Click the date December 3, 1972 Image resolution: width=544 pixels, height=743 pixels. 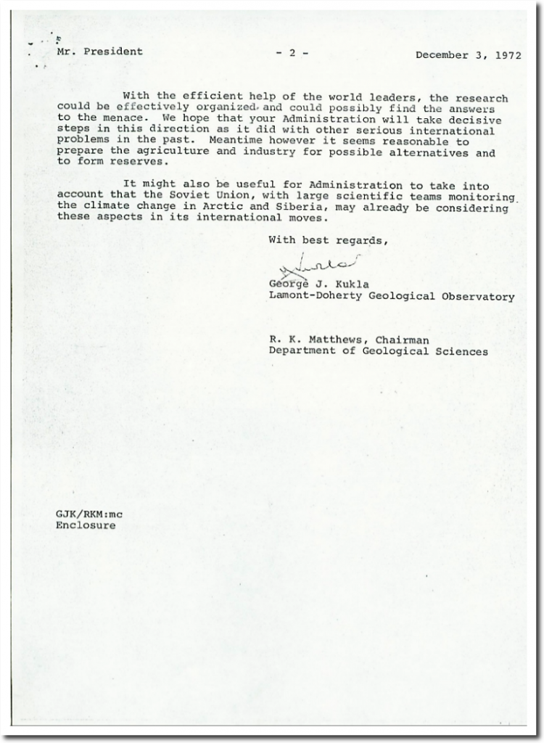pyautogui.click(x=468, y=55)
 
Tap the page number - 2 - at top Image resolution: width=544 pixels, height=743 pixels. pyautogui.click(x=292, y=53)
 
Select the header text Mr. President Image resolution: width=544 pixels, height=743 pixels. pyautogui.click(x=99, y=52)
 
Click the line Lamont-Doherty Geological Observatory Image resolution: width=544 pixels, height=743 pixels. pyautogui.click(x=392, y=296)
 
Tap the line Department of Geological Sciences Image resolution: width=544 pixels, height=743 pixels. pyautogui.click(x=378, y=351)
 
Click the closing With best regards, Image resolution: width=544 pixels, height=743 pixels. pyautogui.click(x=329, y=239)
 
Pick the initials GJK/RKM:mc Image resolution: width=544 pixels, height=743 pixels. pyautogui.click(x=89, y=514)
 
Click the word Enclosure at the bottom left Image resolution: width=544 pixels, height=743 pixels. pyautogui.click(x=86, y=525)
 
